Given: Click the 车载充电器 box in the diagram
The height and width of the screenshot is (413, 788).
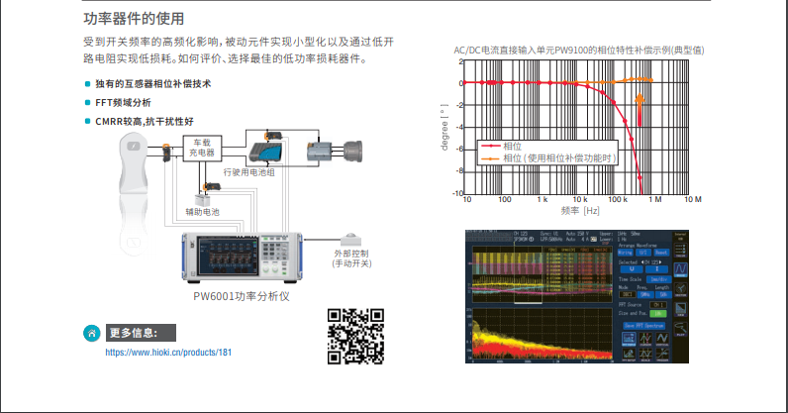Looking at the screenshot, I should (x=202, y=149).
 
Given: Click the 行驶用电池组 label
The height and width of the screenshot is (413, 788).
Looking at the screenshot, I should (x=248, y=172).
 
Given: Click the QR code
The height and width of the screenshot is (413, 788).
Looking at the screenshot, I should (x=355, y=335).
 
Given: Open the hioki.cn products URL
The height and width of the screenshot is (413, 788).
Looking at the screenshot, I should (x=168, y=352).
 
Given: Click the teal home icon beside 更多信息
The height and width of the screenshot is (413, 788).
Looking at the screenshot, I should (x=92, y=333).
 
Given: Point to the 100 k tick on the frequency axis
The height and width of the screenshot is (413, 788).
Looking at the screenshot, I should (x=619, y=199).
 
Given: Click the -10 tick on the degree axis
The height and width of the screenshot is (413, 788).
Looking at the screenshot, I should (x=458, y=193).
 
